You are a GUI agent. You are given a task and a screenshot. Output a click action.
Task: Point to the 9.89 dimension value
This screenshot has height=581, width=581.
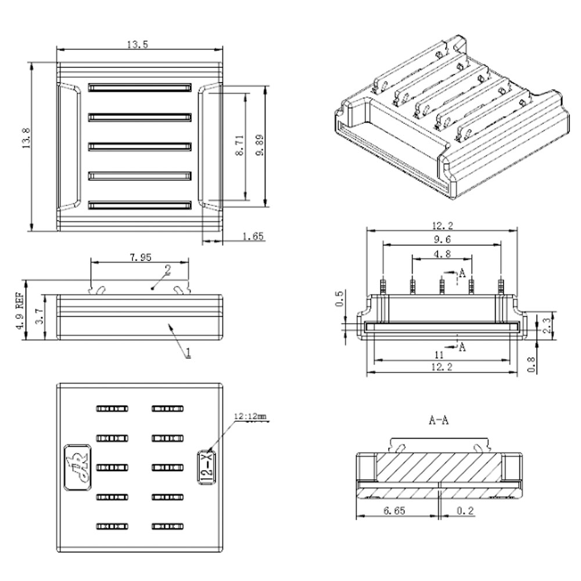coord(259,145)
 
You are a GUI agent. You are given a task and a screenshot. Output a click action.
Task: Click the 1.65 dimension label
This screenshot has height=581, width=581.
coord(253,236)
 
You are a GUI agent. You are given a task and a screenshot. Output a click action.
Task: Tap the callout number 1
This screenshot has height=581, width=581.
coord(188,352)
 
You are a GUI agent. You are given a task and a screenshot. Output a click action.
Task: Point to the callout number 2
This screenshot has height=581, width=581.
coord(167,270)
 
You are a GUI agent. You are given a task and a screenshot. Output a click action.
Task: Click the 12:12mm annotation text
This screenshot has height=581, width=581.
coord(250,416)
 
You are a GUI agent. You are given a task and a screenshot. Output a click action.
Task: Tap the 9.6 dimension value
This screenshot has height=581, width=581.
coord(442,239)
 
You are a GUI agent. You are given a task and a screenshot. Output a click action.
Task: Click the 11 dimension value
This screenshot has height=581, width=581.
coord(439,354)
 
